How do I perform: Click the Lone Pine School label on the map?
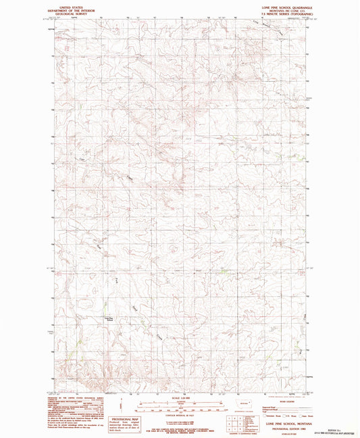pyautogui.click(x=109, y=318)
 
